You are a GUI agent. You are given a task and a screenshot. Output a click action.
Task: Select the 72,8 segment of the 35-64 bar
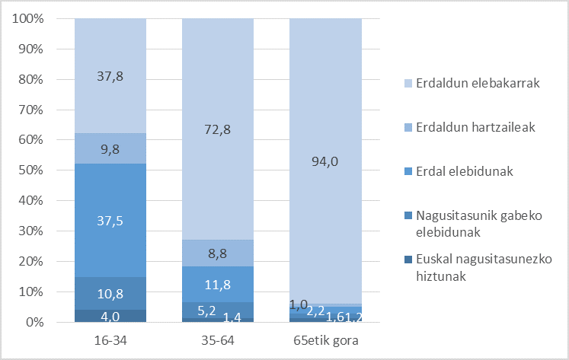[x=217, y=129]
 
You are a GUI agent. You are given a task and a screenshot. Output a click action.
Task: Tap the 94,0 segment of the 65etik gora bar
[x=325, y=161]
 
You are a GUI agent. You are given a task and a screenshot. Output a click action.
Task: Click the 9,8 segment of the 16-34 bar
[x=110, y=148]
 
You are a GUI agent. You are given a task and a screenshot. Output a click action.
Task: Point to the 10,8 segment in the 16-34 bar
[x=110, y=293]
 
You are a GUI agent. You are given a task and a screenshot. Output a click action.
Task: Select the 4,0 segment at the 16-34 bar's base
[x=110, y=316]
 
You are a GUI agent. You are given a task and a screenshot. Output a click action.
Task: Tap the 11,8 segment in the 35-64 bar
[x=217, y=284]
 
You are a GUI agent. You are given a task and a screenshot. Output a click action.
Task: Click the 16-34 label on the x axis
[x=110, y=340]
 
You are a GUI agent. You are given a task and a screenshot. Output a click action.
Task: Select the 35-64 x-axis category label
[x=217, y=340]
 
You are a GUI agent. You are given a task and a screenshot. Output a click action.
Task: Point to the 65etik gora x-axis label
[x=325, y=340]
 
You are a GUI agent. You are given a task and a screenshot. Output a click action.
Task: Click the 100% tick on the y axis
[x=33, y=18]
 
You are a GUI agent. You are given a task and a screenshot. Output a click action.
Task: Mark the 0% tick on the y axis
[x=40, y=323]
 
